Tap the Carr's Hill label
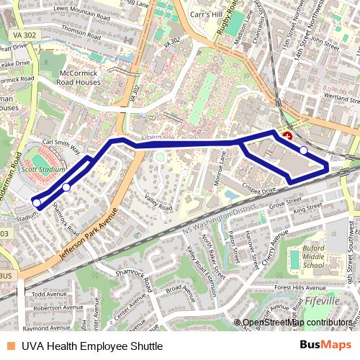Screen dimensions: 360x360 (207, 14)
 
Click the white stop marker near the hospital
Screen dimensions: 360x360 (304, 150)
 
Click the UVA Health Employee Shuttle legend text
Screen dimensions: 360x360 (91, 346)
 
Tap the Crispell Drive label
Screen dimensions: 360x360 (258, 191)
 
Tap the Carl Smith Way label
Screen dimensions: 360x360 (61, 146)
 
